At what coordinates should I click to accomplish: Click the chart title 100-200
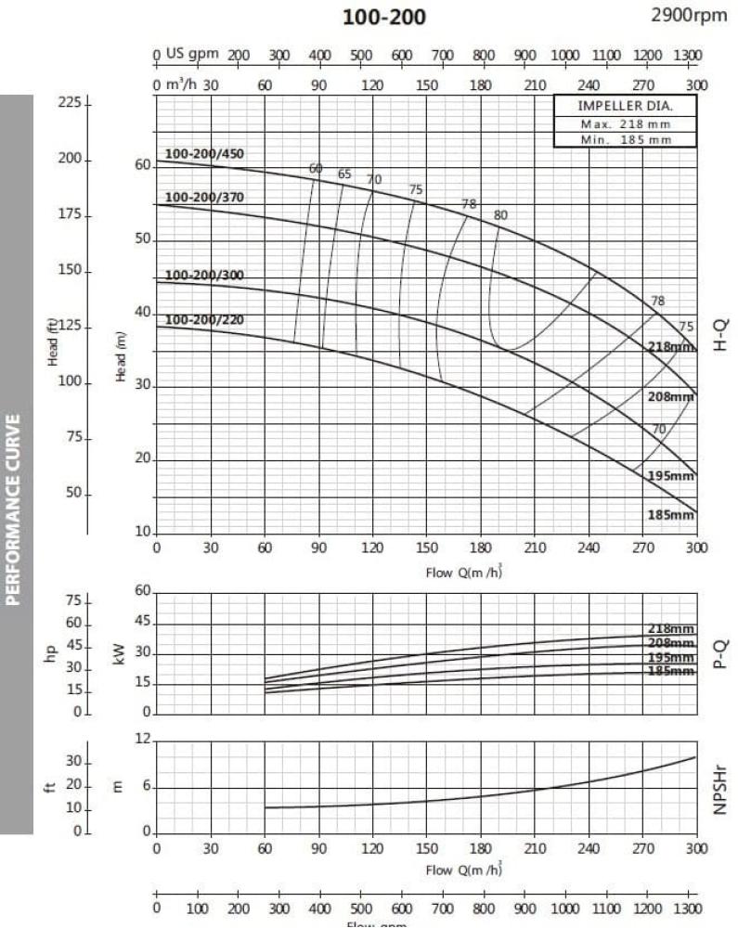point(384,18)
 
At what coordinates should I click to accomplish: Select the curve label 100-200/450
point(204,154)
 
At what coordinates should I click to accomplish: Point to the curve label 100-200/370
point(204,198)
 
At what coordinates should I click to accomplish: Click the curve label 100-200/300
point(204,276)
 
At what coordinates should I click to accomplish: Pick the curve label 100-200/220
point(204,320)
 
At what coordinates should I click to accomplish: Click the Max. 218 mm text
point(625,123)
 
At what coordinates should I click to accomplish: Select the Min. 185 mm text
point(625,139)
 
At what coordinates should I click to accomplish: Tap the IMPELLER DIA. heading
point(625,106)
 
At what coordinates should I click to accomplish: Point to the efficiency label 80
point(500,214)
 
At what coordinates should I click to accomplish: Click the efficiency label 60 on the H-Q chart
point(316,168)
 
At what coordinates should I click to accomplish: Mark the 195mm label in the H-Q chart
point(670,476)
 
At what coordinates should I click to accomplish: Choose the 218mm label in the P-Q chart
point(670,629)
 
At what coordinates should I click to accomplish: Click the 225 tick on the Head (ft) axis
point(71,102)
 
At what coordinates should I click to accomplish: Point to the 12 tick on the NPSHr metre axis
point(142,740)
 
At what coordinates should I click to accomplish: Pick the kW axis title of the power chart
point(119,656)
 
